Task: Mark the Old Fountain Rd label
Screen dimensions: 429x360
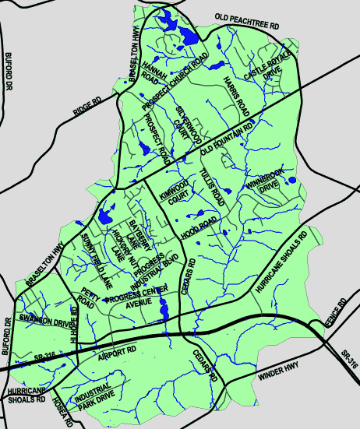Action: (228, 137)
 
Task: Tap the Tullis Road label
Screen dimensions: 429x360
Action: (211, 188)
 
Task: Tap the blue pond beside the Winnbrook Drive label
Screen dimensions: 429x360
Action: (291, 181)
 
